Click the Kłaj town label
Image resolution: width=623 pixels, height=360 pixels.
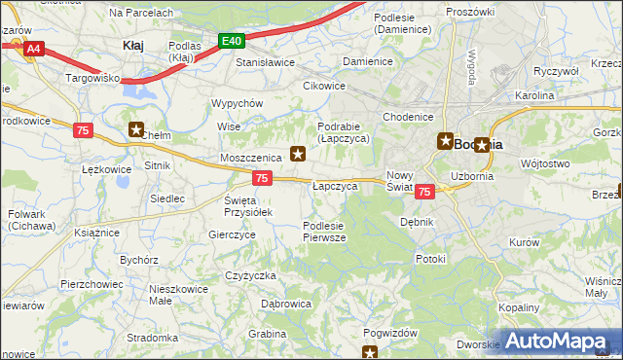pos(133,45)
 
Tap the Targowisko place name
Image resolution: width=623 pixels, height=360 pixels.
pos(92,76)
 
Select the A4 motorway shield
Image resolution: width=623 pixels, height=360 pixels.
pos(33,48)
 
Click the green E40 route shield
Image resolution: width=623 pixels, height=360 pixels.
pos(231,41)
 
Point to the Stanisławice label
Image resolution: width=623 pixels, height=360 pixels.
pos(266,61)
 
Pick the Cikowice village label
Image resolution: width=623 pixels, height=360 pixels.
pos(324,86)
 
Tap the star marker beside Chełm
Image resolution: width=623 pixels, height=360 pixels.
pos(136,128)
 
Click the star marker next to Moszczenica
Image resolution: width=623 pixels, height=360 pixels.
pos(299,153)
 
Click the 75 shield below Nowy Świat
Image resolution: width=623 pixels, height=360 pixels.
pos(423,193)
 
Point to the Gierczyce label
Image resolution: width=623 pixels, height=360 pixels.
pos(232,234)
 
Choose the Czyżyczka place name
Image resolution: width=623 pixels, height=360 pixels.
pos(251,275)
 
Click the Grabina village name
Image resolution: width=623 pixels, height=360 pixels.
pos(266,333)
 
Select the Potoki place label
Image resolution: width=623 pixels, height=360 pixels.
pos(429,259)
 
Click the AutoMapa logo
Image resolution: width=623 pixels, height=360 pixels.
pos(560,341)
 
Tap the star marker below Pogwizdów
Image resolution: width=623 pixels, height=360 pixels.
pos(370,352)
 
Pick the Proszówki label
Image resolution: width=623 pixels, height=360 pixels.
pos(470,11)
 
